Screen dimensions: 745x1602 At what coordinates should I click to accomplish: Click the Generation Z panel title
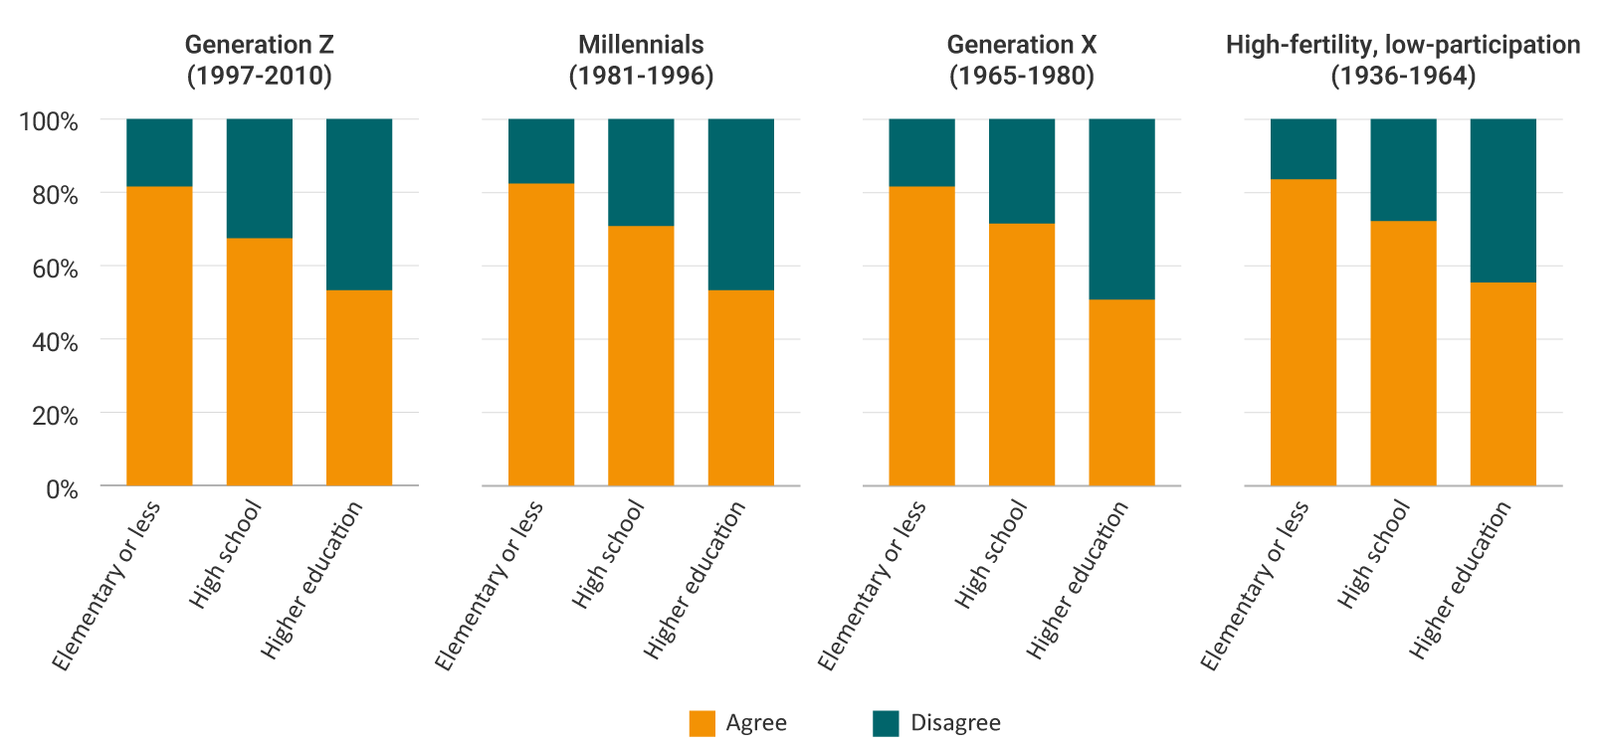tap(259, 60)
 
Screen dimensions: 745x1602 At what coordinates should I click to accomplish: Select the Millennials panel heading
tap(641, 60)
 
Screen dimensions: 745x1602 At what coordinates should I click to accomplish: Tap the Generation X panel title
tap(1021, 60)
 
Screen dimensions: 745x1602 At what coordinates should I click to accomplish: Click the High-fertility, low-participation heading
tap(1403, 60)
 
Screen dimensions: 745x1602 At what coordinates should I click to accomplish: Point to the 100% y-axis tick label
tap(48, 121)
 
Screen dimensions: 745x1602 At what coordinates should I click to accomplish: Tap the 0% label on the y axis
tap(61, 488)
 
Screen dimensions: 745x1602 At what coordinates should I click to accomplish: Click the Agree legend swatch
tap(702, 723)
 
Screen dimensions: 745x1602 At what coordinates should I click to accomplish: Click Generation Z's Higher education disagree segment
tap(359, 204)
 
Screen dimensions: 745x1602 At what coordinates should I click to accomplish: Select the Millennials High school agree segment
tap(641, 355)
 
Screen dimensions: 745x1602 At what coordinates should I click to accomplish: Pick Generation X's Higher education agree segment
tap(1121, 392)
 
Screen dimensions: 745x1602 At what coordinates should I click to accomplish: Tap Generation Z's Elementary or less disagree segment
tap(159, 152)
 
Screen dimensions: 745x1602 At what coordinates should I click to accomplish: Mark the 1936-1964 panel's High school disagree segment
tap(1403, 169)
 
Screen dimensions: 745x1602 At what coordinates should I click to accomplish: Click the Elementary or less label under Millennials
tap(490, 585)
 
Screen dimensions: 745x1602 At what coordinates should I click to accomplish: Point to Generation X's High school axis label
tap(991, 553)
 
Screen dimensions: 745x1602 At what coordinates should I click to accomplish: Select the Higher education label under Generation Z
tap(312, 579)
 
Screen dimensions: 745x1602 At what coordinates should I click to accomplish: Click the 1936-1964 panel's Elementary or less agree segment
tap(1302, 332)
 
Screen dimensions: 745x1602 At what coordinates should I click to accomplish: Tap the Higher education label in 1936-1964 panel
tap(1461, 579)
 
